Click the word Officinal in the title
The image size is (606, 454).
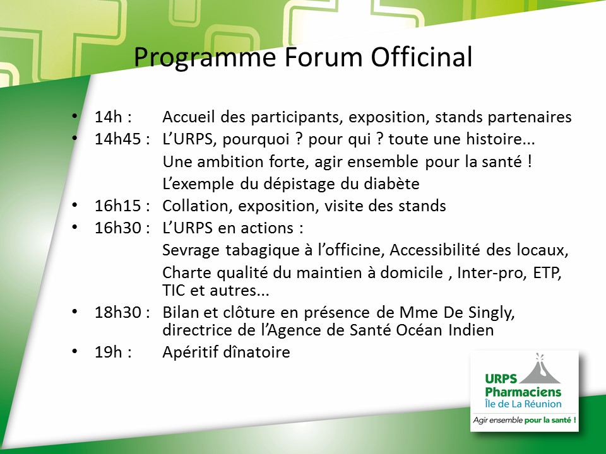pos(422,57)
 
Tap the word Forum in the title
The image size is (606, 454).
pos(324,57)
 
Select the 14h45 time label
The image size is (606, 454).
pos(117,139)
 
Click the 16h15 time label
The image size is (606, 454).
pos(117,206)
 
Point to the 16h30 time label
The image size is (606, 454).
pos(117,228)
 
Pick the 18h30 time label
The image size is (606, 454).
pos(117,312)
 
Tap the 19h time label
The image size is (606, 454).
pos(108,352)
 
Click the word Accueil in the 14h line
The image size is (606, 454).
pos(188,117)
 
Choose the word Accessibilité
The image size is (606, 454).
pos(434,250)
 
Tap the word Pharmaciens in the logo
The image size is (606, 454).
pos(523,392)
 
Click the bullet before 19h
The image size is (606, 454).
pos(74,351)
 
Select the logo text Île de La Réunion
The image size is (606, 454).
pos(523,404)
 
